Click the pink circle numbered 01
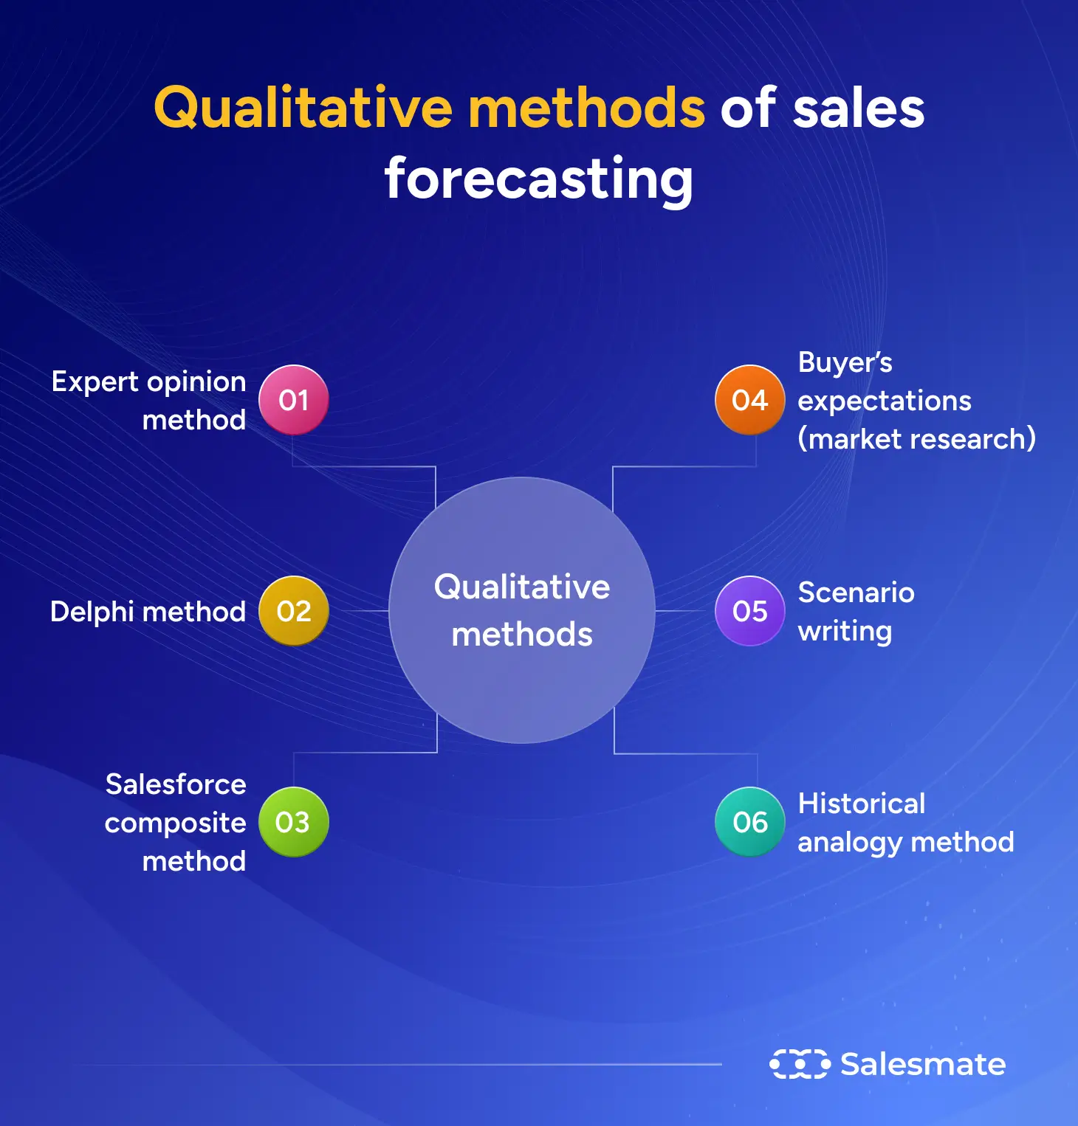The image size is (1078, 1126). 293,400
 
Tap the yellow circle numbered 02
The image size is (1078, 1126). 293,611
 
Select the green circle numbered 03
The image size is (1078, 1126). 293,822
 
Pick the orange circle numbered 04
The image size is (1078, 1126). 749,400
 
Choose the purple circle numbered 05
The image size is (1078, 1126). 749,611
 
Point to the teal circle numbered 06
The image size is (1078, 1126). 749,822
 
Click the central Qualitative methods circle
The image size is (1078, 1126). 522,610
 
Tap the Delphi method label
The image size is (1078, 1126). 148,612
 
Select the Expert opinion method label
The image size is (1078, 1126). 149,401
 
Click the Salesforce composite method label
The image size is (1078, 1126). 176,823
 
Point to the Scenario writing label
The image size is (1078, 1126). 856,612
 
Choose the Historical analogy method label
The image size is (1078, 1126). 905,823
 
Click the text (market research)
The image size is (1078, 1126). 916,440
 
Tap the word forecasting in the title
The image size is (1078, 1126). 538,179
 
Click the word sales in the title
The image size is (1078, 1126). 858,108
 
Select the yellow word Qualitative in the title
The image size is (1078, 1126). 303,108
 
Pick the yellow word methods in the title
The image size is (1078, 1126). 587,108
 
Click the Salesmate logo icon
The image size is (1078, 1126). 800,1064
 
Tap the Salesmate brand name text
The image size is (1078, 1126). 923,1064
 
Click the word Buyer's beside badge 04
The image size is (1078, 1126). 845,362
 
